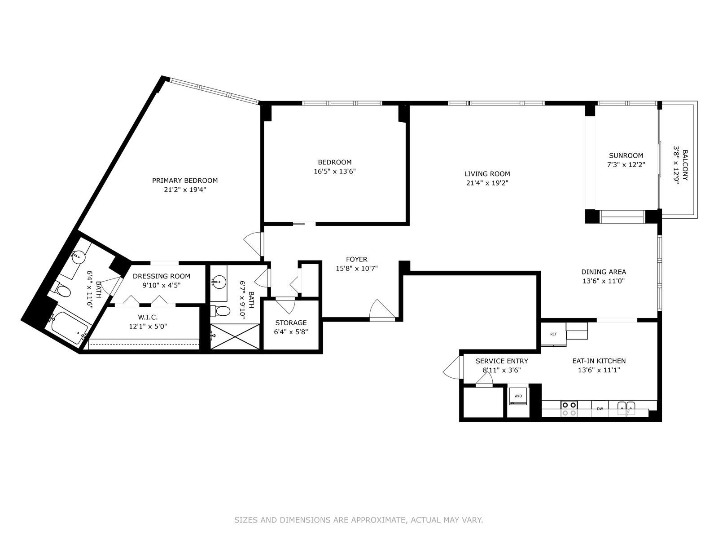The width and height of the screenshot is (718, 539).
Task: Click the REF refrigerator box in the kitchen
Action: pyautogui.click(x=553, y=334)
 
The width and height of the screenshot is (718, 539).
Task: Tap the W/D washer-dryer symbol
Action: pyautogui.click(x=518, y=396)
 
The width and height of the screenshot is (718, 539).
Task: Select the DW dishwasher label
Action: pyautogui.click(x=600, y=409)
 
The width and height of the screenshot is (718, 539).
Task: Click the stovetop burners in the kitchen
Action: pyautogui.click(x=569, y=409)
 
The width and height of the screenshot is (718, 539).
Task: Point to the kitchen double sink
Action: pyautogui.click(x=626, y=409)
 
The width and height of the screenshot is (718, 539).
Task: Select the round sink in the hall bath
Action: pyautogui.click(x=218, y=281)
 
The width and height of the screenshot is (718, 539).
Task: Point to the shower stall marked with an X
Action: pyautogui.click(x=235, y=337)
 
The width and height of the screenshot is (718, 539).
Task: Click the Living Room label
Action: pyautogui.click(x=487, y=174)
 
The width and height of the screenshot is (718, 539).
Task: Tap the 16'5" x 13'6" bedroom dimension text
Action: pyautogui.click(x=335, y=171)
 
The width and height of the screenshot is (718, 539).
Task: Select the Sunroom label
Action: pyautogui.click(x=626, y=155)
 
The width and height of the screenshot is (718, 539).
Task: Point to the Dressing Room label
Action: pyautogui.click(x=162, y=276)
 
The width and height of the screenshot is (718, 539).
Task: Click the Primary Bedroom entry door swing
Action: pyautogui.click(x=254, y=244)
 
